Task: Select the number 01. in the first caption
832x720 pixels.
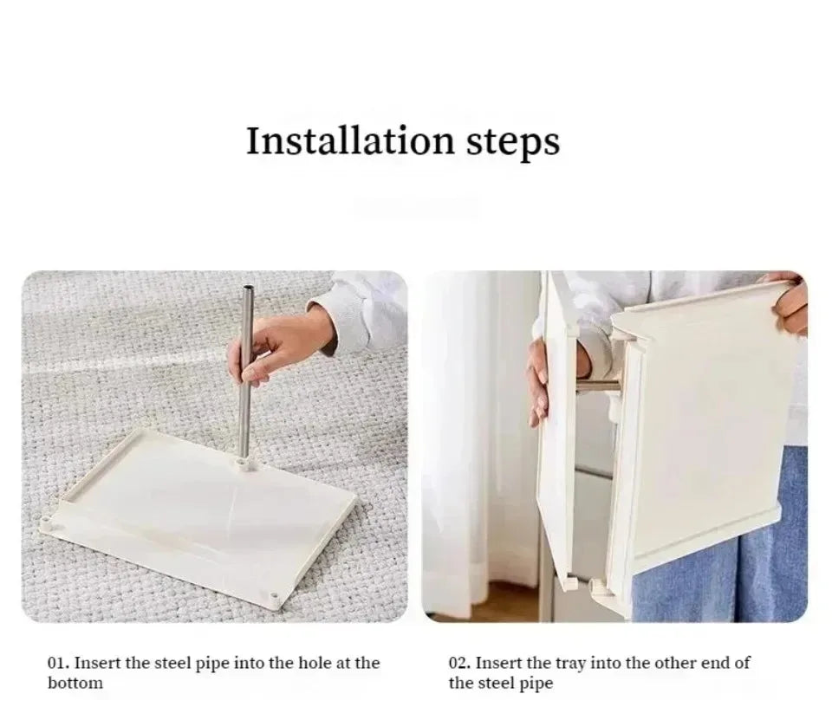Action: [59, 663]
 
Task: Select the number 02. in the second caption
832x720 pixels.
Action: [459, 663]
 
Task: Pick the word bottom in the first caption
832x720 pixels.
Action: [75, 683]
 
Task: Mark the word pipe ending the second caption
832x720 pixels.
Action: [536, 684]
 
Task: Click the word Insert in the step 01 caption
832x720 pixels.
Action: [96, 663]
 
